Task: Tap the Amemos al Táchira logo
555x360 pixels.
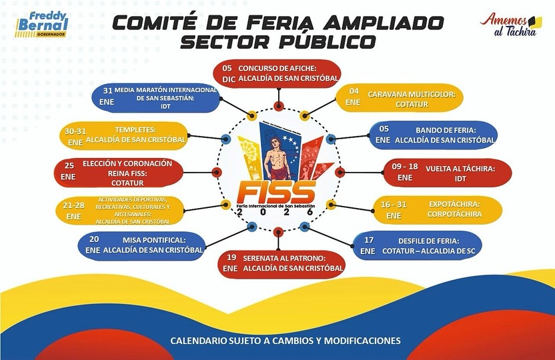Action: (511, 24)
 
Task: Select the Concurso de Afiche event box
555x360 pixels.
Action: (277, 73)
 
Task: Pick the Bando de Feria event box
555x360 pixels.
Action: (434, 135)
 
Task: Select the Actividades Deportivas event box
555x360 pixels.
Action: (122, 210)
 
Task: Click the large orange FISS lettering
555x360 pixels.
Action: (275, 193)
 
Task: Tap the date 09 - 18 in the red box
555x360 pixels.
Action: (405, 169)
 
